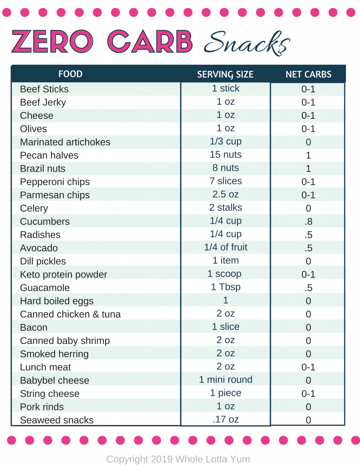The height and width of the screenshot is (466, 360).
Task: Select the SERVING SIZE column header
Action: coord(225,74)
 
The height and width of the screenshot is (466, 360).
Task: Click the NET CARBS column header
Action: coord(308,74)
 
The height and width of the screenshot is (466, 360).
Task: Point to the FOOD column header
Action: coord(70,74)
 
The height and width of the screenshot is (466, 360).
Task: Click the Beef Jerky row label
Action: coord(43,102)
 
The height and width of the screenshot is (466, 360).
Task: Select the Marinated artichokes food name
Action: coord(65,142)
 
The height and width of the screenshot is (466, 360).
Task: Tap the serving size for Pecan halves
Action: coord(225,155)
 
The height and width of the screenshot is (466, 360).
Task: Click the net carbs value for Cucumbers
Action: coord(308,222)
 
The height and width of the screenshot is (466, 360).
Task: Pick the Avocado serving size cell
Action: coord(225,248)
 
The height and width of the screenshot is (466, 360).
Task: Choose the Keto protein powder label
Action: coord(63,274)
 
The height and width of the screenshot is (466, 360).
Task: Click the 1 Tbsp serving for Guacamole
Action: coord(225,287)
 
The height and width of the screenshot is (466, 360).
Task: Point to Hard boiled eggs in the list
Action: coord(56,301)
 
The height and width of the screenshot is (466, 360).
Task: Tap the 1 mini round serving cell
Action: coord(225,380)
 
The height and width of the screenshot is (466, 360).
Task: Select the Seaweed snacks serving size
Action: coord(225,419)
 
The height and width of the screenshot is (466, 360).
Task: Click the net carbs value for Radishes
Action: coord(308,235)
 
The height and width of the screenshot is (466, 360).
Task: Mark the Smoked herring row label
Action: coord(54,354)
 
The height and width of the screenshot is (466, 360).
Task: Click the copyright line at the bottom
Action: coord(178,459)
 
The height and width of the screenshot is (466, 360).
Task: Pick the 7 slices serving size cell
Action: coord(225,181)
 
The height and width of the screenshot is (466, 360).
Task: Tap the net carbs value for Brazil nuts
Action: coord(308,168)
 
